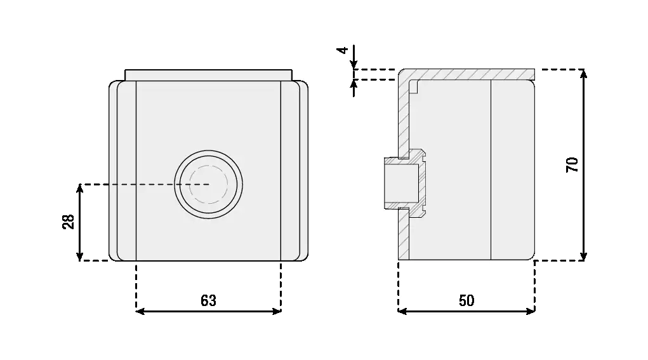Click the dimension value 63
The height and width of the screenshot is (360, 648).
coord(208,301)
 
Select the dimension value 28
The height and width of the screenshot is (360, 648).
coord(69,222)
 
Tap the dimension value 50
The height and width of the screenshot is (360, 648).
coord(466,301)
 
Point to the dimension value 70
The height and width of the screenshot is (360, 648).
coord(572,164)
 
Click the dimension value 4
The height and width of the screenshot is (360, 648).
coord(343,50)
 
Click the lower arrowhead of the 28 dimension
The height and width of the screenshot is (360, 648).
coord(80,256)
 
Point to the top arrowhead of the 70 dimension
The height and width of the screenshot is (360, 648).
coord(584,74)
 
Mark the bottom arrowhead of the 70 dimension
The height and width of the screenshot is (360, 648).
coord(584,256)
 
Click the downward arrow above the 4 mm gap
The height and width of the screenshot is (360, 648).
coord(354,62)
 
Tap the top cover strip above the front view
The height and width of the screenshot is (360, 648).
coord(209,75)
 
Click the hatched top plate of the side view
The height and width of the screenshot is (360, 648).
coord(470,74)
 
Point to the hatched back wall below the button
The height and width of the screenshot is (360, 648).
coord(404,238)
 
